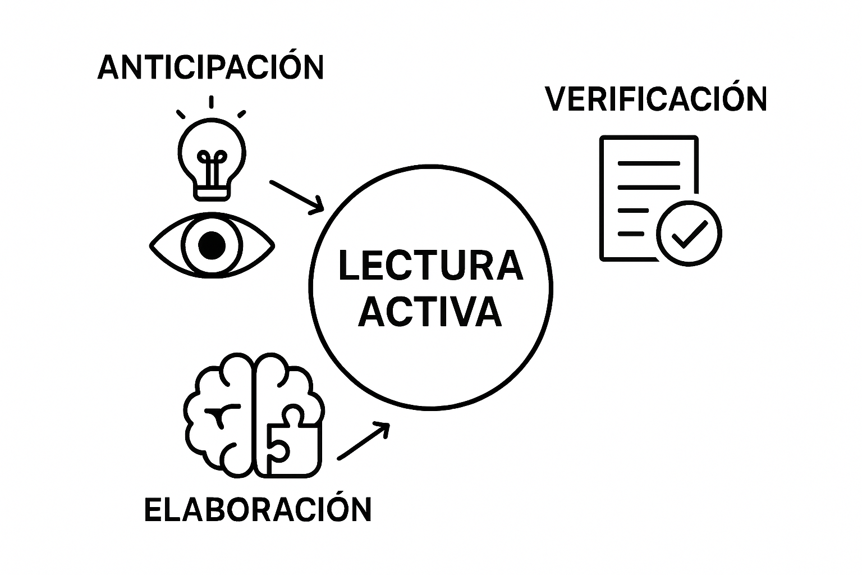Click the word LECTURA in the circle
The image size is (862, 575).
tap(430, 266)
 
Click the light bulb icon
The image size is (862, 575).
tap(212, 159)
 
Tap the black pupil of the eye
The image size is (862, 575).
tap(212, 245)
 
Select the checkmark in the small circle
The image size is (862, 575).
tap(690, 235)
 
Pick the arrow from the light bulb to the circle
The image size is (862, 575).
tap(297, 197)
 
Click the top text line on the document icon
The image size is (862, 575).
tap(649, 163)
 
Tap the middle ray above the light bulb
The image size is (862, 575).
tap(211, 102)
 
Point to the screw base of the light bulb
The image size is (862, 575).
tap(212, 193)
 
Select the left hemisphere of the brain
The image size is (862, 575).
tap(218, 415)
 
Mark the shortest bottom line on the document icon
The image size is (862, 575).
tap(631, 234)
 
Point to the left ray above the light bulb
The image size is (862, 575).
tap(181, 114)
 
